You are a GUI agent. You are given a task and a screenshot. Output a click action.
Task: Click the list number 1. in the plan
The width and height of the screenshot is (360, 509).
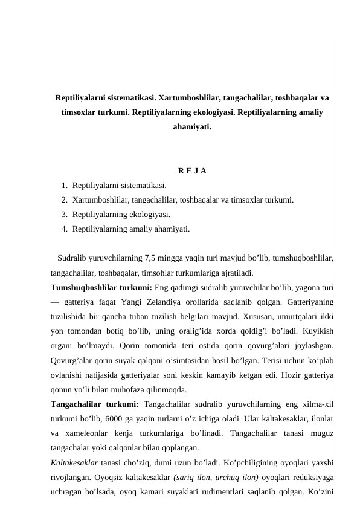tap(65, 185)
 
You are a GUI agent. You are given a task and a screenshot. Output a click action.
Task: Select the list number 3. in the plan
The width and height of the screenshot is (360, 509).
tap(65, 214)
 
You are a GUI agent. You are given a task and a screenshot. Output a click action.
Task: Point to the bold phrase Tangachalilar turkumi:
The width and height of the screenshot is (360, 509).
tap(95, 404)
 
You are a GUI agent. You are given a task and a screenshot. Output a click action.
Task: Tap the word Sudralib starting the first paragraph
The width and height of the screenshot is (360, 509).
tap(74, 258)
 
